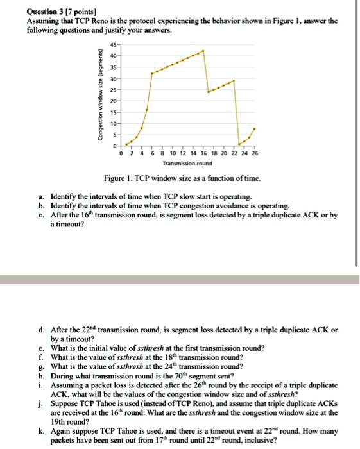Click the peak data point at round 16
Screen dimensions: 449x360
coord(204,50)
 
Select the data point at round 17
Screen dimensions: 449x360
coord(209,92)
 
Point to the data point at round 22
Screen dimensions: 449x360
coord(234,81)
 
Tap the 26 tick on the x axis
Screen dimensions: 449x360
coord(255,154)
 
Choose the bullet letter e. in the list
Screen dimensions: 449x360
coord(41,348)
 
